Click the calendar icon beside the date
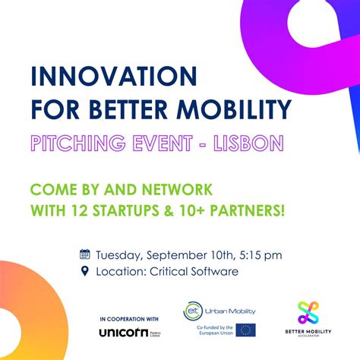[85, 254]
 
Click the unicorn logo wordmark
[123, 333]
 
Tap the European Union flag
[245, 330]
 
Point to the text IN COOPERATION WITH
[130, 318]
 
